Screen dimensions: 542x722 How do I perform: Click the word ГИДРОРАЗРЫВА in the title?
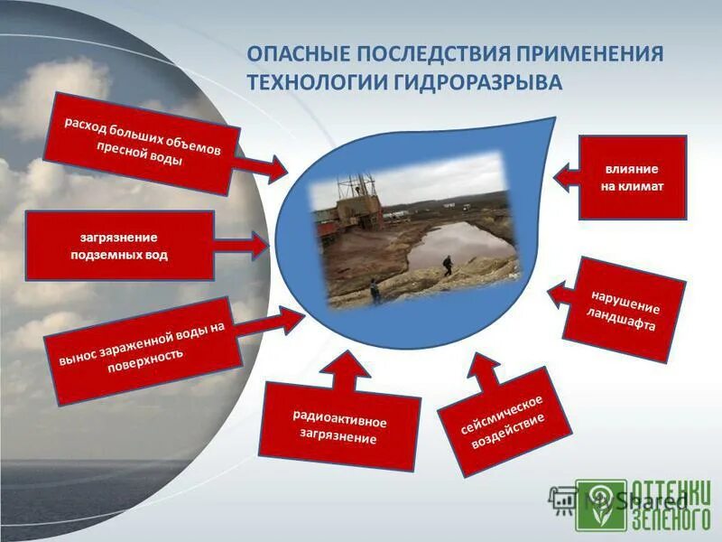click(x=477, y=82)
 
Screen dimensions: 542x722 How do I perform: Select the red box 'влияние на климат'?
click(x=632, y=178)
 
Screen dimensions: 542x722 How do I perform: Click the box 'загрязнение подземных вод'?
click(x=119, y=246)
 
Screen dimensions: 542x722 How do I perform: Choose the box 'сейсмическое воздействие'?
click(x=504, y=421)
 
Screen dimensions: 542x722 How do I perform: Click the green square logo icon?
click(x=601, y=504)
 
